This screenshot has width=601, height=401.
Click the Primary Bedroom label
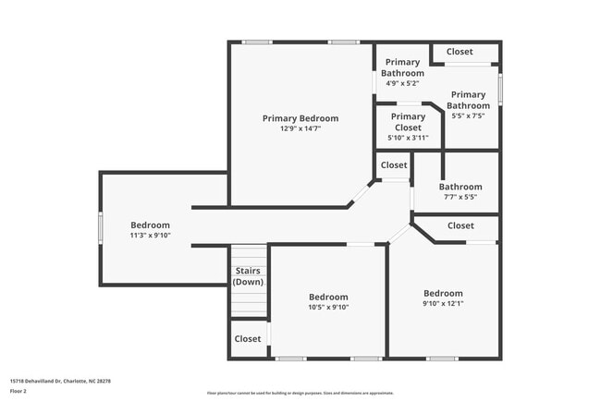tap(300, 118)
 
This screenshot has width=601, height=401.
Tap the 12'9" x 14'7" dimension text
tap(300, 129)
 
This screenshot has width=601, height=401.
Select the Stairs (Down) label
tap(247, 276)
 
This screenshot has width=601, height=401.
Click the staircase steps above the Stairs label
tap(247, 255)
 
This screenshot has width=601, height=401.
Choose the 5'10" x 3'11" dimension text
tap(408, 138)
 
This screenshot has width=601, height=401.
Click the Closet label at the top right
tap(460, 52)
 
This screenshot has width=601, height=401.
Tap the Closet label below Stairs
tap(247, 339)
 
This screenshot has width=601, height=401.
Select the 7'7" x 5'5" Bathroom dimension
tap(460, 197)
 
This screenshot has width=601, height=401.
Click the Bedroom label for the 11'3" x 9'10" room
tap(150, 225)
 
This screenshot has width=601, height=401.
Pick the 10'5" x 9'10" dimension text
tap(328, 308)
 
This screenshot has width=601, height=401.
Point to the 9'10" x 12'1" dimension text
tap(443, 303)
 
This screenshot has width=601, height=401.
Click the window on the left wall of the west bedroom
tap(100, 227)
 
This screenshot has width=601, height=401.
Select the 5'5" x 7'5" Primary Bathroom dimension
tap(468, 116)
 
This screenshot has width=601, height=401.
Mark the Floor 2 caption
tap(19, 391)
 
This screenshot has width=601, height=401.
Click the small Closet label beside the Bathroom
tap(394, 165)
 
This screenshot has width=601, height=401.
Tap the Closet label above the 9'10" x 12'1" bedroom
tap(460, 225)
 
